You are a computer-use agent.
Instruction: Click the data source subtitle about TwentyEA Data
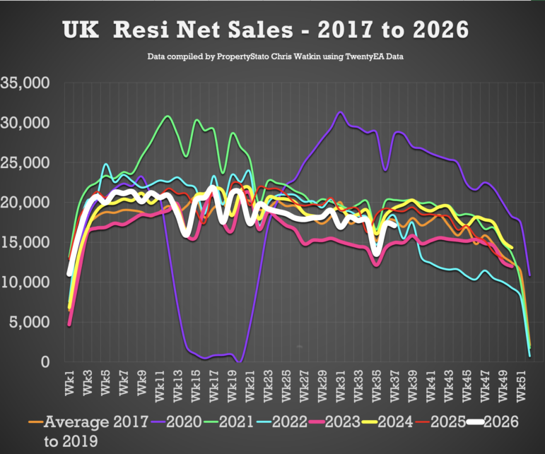pos(275,56)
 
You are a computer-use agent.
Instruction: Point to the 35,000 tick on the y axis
pos(25,83)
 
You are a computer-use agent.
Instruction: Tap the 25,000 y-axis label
pos(25,163)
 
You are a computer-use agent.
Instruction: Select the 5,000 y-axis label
pos(30,323)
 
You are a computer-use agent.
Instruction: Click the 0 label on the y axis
pos(45,362)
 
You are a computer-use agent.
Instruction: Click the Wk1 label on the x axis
pos(69,383)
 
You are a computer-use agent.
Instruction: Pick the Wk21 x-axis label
pos(250,386)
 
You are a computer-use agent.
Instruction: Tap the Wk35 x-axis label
pos(377,386)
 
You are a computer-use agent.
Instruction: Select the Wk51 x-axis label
pos(522,386)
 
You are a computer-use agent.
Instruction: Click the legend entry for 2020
pos(177,422)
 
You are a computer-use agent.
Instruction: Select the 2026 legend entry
pos(493,422)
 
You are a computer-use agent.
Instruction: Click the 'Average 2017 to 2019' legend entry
pos(88,431)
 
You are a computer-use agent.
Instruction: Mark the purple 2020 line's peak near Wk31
pos(340,112)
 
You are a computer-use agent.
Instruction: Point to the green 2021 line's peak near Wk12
pos(168,116)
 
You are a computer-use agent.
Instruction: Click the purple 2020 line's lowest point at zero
pos(240,362)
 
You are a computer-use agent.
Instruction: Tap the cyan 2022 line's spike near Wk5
pos(106,164)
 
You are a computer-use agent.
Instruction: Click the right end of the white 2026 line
pos(395,226)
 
